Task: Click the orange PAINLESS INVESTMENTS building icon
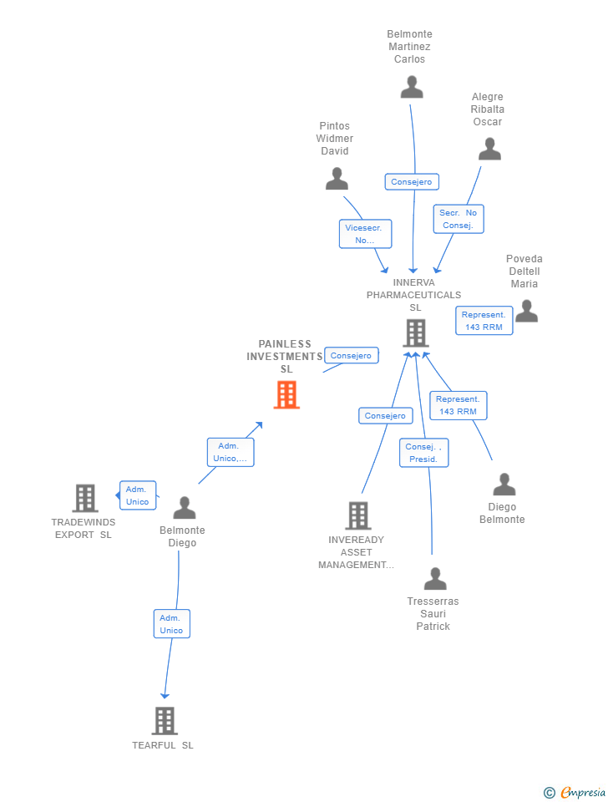point(286,395)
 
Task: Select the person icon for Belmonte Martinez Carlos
point(412,87)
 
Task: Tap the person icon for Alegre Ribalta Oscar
point(490,149)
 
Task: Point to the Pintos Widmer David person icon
point(337,179)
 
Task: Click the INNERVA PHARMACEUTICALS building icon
point(416,333)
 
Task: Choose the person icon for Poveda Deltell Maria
point(527,311)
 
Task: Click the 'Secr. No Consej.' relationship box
point(459,219)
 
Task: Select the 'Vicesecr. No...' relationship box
point(365,234)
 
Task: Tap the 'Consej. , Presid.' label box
point(424,453)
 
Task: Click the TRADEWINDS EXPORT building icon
point(85,498)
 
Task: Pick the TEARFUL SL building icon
point(165,721)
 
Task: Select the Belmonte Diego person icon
point(185,507)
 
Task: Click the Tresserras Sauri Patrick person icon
point(435,578)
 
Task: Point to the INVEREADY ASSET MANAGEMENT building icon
point(358,515)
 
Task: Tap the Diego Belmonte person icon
point(504,484)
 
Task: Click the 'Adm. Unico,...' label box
point(231,452)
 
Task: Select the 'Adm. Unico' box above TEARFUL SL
point(172,624)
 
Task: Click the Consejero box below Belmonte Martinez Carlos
point(412,181)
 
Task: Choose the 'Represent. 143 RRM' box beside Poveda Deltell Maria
point(484,321)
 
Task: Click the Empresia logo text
point(582,792)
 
